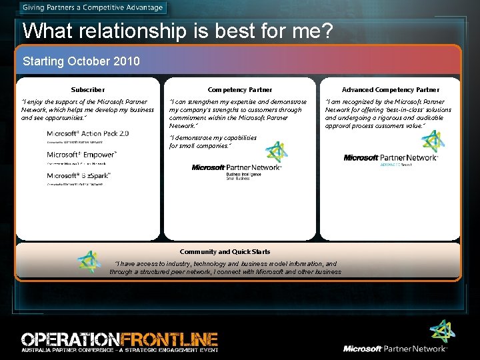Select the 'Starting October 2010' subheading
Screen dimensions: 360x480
pos(81,61)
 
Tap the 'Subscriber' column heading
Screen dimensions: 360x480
pos(88,89)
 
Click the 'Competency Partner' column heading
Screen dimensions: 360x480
pos(240,89)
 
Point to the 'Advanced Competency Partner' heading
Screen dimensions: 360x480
pos(391,89)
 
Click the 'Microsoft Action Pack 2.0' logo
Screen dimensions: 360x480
pos(88,134)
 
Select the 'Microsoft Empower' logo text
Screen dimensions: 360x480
pos(82,155)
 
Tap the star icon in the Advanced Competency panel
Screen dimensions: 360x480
pos(432,141)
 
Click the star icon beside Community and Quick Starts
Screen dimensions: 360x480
pos(88,262)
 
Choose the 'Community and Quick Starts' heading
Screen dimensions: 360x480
pos(225,251)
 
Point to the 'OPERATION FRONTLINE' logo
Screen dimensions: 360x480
pos(119,338)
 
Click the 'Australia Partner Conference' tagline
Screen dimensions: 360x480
pos(119,349)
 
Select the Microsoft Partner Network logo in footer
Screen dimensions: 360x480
pos(395,348)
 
